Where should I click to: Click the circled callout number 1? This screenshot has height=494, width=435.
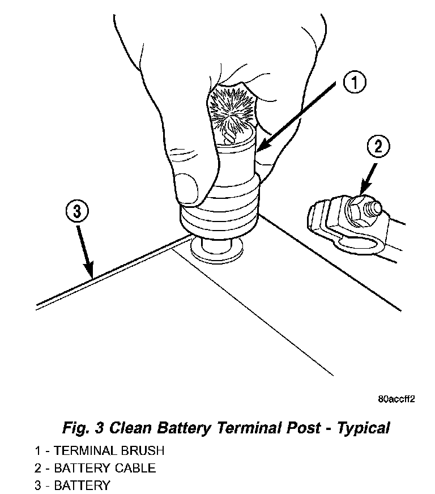pyautogui.click(x=353, y=84)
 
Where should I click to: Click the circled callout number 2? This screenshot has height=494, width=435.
pyautogui.click(x=378, y=147)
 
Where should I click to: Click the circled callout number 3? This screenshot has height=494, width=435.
pyautogui.click(x=76, y=212)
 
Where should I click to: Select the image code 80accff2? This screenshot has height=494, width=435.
pyautogui.click(x=396, y=399)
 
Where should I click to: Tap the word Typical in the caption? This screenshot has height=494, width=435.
pyautogui.click(x=363, y=428)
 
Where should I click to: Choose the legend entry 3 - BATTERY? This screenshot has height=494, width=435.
pyautogui.click(x=72, y=485)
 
